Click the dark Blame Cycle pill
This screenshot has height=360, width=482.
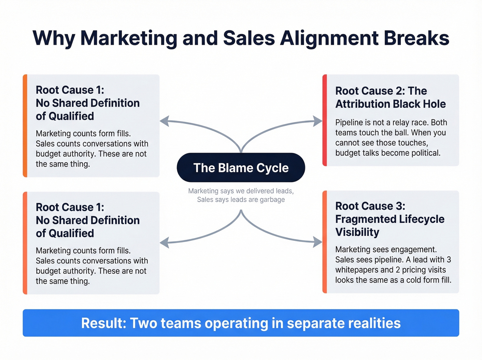coord(241,168)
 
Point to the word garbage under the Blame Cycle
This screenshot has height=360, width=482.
coord(272,200)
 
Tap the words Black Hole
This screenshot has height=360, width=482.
coord(419,104)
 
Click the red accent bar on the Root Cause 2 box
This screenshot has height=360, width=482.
coord(325,120)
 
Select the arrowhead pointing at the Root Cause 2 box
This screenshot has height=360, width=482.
coord(317,121)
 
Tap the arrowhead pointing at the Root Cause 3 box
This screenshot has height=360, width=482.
coord(317,242)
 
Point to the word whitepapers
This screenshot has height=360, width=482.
coord(357,270)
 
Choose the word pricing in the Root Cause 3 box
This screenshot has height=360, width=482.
coord(414,270)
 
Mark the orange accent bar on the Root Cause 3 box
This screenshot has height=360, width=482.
coord(325,242)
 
